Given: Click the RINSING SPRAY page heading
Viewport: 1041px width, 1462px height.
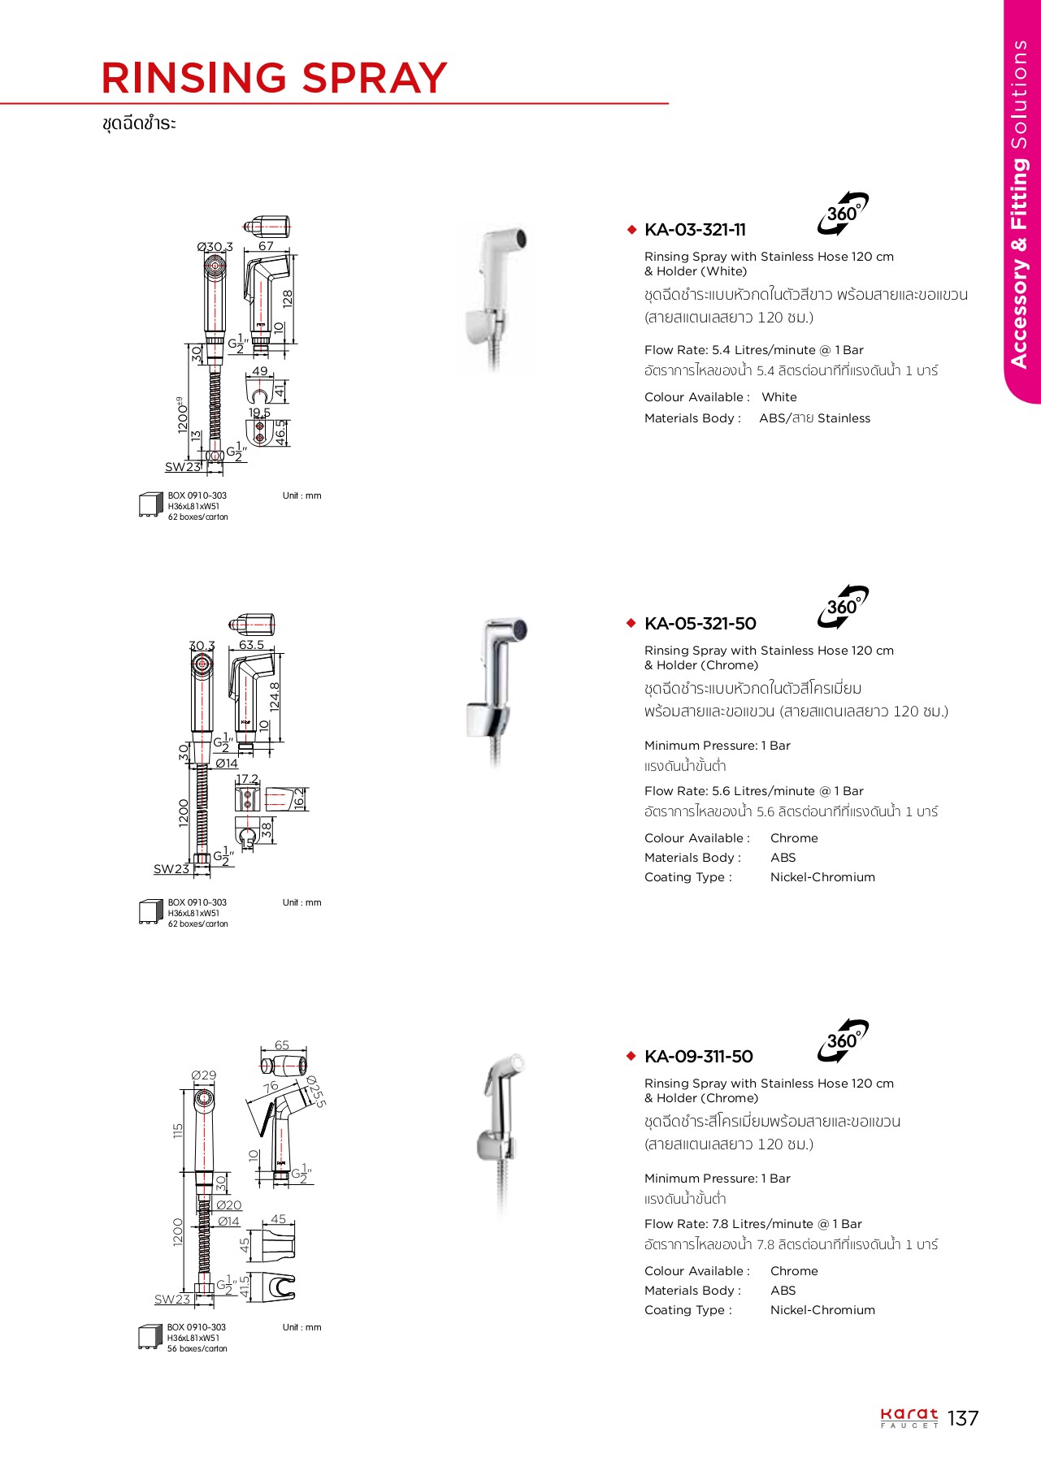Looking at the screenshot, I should click(274, 78).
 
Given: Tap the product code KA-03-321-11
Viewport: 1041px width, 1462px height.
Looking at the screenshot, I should click(695, 230).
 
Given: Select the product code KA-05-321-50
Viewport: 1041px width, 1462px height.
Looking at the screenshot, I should click(700, 624).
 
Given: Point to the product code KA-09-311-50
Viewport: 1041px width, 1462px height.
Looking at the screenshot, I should click(698, 1057).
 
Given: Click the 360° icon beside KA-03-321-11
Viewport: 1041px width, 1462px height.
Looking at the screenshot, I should click(843, 214).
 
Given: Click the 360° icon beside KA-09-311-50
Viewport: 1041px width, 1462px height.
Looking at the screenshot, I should click(843, 1041).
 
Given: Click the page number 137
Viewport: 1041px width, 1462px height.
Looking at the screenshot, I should click(963, 1418).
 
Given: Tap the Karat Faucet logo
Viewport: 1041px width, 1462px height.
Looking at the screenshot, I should click(909, 1418).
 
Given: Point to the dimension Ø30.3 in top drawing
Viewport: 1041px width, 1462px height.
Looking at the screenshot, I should click(215, 247).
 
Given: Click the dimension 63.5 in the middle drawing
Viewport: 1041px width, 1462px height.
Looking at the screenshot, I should click(251, 645).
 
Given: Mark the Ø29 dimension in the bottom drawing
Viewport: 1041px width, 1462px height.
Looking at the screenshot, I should click(204, 1075).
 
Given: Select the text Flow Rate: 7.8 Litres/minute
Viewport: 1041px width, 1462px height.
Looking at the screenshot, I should click(753, 1224).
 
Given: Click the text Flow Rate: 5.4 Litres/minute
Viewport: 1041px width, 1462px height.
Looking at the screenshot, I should click(753, 350).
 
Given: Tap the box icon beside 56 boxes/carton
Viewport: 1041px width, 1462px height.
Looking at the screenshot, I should click(150, 1337).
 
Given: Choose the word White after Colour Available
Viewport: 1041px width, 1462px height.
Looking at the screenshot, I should click(779, 397).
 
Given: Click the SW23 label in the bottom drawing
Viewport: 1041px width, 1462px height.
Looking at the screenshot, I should click(172, 1300).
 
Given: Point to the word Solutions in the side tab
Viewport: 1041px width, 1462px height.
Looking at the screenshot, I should click(1019, 93).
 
